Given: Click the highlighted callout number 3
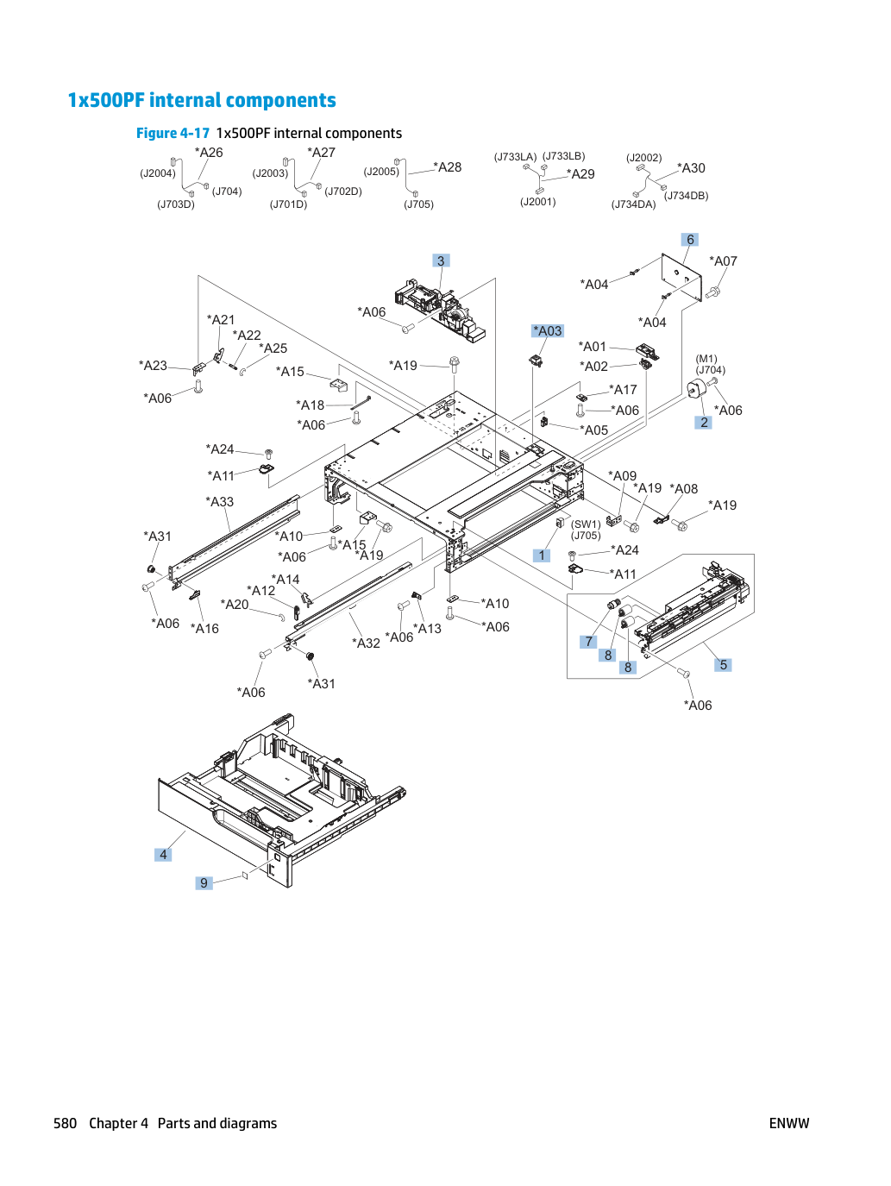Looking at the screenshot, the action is (x=441, y=260).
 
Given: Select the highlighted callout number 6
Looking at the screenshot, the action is (x=690, y=240).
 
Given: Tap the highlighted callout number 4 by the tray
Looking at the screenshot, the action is (x=163, y=854).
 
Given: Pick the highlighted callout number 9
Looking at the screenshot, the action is (x=204, y=882).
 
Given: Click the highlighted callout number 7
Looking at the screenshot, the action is (x=588, y=642).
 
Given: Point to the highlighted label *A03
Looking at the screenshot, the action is (x=548, y=330).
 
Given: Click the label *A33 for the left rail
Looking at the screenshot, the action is (x=219, y=501).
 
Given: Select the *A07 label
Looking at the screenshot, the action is (x=723, y=261).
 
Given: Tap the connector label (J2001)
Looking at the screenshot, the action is (x=537, y=202).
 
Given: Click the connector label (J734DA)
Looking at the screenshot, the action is (x=633, y=204).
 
